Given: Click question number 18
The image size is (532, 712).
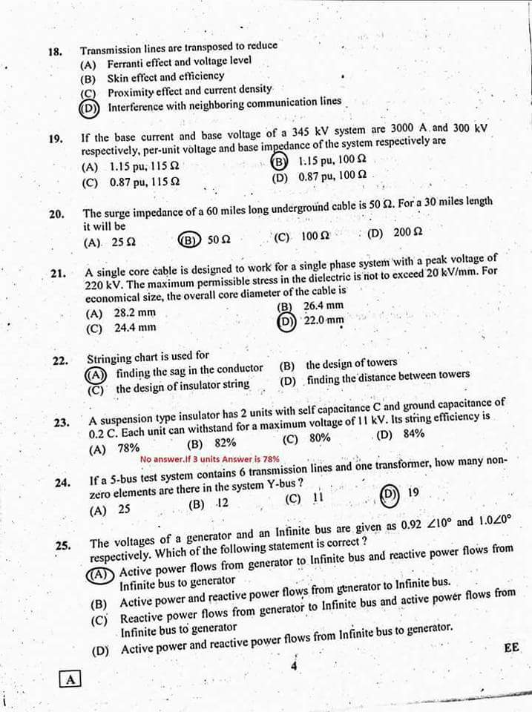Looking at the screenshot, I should [54, 52].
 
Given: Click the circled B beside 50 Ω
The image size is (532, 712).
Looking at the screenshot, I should [188, 240].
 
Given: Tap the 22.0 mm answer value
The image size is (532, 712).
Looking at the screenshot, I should [324, 321].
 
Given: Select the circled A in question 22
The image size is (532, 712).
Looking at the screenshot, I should [96, 372].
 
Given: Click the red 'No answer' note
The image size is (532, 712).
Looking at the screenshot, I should [209, 459].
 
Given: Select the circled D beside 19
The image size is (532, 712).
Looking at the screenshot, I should [388, 494].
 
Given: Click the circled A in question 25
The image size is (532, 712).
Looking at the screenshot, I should [99, 573].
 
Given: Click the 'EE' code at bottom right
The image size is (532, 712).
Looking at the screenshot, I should [511, 647].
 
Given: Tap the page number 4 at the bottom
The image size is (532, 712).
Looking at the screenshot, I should [294, 665].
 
